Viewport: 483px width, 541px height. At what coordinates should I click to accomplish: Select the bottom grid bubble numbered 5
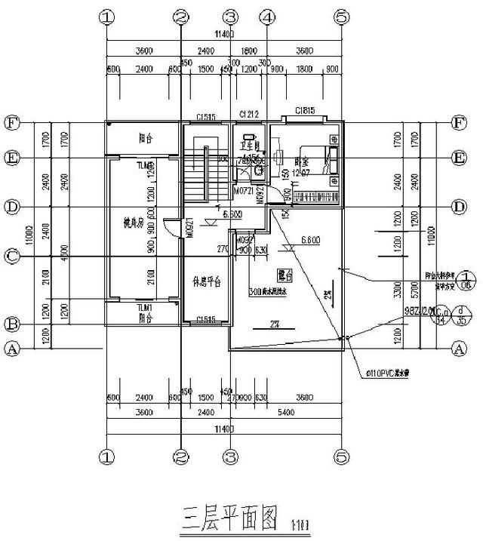pyautogui.click(x=342, y=456)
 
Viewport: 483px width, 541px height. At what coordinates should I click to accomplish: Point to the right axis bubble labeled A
pyautogui.click(x=457, y=348)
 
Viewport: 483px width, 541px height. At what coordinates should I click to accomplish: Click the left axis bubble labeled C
pyautogui.click(x=12, y=257)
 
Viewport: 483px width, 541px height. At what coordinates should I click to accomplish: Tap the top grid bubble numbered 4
pyautogui.click(x=266, y=16)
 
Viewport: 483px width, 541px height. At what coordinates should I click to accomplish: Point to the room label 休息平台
pyautogui.click(x=205, y=282)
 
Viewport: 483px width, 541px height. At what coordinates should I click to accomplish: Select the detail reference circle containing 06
pyautogui.click(x=467, y=280)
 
